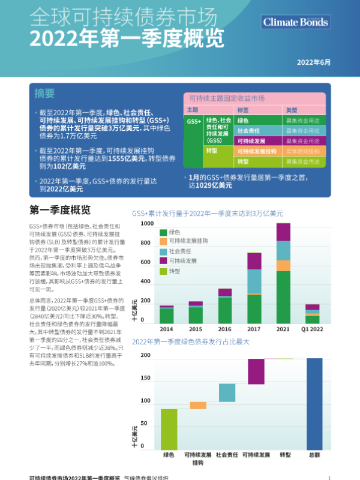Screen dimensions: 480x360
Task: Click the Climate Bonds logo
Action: coord(296,22)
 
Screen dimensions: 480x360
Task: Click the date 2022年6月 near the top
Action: coord(313,62)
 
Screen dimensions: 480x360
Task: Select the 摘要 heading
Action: coord(44,94)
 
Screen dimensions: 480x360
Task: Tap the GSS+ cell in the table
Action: coord(194,121)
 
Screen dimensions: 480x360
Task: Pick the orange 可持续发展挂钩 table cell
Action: coord(257,152)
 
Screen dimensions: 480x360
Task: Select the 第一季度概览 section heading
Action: coord(60,211)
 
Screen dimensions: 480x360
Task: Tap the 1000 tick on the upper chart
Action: coord(147,224)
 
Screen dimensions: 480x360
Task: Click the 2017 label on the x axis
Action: coord(254,329)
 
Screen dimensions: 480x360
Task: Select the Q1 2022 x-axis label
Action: coord(312,329)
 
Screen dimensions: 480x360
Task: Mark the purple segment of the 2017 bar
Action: coord(254,261)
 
